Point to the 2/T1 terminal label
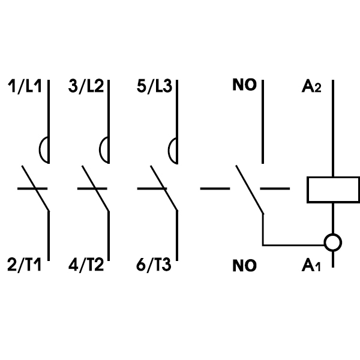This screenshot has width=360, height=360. click(x=23, y=264)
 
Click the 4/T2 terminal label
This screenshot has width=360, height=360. click(x=86, y=264)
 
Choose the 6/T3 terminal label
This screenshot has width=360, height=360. click(x=154, y=264)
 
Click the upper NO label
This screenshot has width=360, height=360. click(x=244, y=85)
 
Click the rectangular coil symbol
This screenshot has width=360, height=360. click(x=332, y=189)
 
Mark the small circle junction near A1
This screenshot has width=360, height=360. click(x=332, y=243)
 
